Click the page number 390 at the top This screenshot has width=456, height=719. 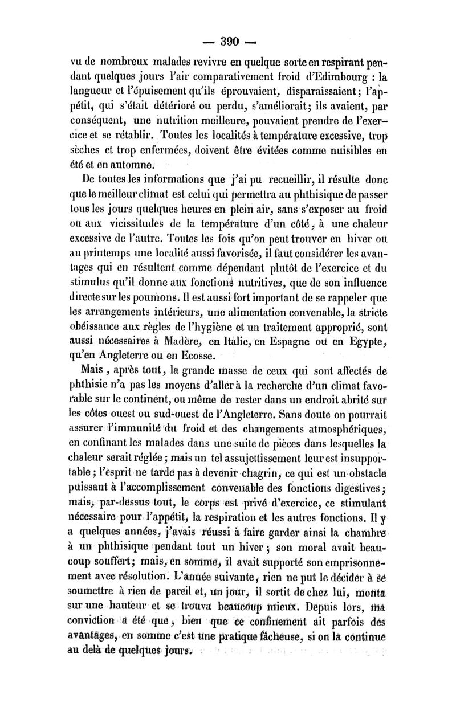[229, 40]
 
